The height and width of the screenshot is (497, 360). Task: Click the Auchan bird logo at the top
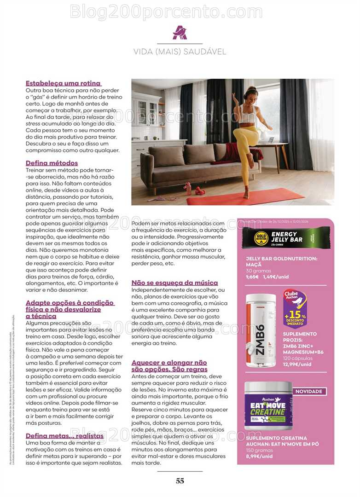(180, 33)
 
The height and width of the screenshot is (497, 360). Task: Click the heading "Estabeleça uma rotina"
(63, 83)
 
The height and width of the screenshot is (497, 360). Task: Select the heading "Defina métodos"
(52, 163)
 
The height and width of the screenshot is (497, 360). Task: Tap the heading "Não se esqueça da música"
(174, 283)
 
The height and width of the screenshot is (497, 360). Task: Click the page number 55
(180, 481)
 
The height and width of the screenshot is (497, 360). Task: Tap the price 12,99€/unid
(297, 364)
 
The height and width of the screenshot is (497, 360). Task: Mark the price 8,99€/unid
(259, 456)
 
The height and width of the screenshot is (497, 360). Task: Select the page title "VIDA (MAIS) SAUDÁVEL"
(180, 52)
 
